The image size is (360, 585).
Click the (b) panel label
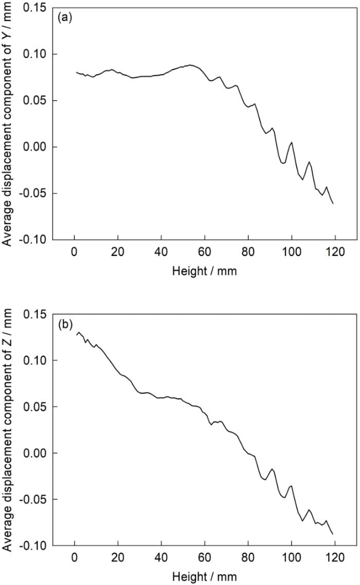tap(64, 323)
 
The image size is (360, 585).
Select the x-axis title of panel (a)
tap(205, 270)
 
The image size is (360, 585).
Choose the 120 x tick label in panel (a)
tap(335, 253)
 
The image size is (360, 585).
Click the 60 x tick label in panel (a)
tap(205, 253)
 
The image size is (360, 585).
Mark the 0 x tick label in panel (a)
tap(75, 253)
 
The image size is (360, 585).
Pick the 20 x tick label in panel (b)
tap(118, 559)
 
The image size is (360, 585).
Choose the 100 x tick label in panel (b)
tap(292, 559)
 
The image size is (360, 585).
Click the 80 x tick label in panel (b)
tap(248, 559)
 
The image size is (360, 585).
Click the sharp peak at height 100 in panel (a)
tap(292, 142)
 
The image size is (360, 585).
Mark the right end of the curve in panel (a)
tap(333, 204)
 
